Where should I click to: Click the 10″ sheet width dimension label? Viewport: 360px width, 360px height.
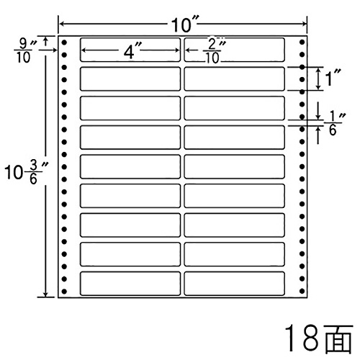[184, 24]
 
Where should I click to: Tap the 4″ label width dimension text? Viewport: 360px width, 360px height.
[132, 51]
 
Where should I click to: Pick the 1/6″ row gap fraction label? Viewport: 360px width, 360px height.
[335, 124]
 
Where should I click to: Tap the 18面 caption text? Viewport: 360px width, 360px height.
[318, 338]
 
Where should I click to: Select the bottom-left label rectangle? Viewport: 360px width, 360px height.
[130, 284]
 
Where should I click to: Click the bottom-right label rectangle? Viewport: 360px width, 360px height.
[234, 284]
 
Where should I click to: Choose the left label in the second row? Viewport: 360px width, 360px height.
[130, 79]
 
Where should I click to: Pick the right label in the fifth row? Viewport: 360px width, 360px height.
[234, 167]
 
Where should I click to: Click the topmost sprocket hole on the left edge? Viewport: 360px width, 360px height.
[64, 42]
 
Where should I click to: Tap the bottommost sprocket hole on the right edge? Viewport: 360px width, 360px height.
[302, 291]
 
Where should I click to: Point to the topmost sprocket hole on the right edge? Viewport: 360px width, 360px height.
[302, 42]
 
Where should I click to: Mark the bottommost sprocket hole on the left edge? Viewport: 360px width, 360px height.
[64, 292]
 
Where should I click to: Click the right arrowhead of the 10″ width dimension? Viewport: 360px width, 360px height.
[305, 24]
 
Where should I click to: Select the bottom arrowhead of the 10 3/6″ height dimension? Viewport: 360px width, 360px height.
[45, 295]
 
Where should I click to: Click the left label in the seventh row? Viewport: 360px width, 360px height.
[130, 225]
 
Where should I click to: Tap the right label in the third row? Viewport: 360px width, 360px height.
[234, 108]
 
